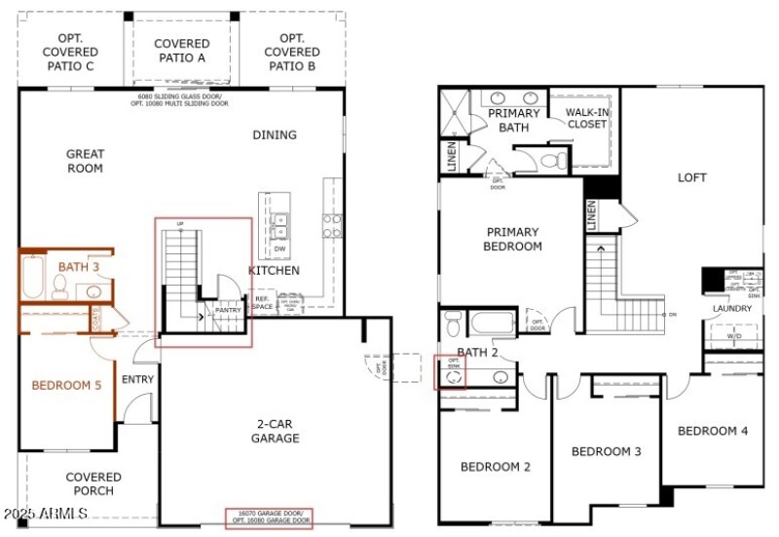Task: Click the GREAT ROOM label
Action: (85, 161)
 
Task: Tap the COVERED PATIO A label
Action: (181, 51)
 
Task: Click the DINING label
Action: (274, 134)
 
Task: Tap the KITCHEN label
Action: (274, 270)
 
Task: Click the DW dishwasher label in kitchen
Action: (279, 249)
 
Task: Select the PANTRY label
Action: (228, 311)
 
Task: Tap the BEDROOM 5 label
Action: (66, 385)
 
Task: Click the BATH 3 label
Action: (73, 265)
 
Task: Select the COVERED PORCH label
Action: (93, 483)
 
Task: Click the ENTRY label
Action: (137, 379)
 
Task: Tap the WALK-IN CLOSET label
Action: (587, 118)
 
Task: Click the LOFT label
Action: (692, 177)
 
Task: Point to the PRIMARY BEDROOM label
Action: (512, 239)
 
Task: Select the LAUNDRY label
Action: (731, 308)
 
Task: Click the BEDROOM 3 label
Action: (606, 451)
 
